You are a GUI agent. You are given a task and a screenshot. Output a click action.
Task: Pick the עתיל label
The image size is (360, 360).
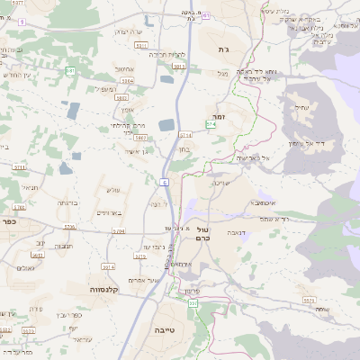(x=300, y=107)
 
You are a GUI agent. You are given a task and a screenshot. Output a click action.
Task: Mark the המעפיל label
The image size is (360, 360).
(x=105, y=88)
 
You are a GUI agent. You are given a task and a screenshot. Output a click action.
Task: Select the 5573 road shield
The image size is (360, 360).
(x=309, y=300)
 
